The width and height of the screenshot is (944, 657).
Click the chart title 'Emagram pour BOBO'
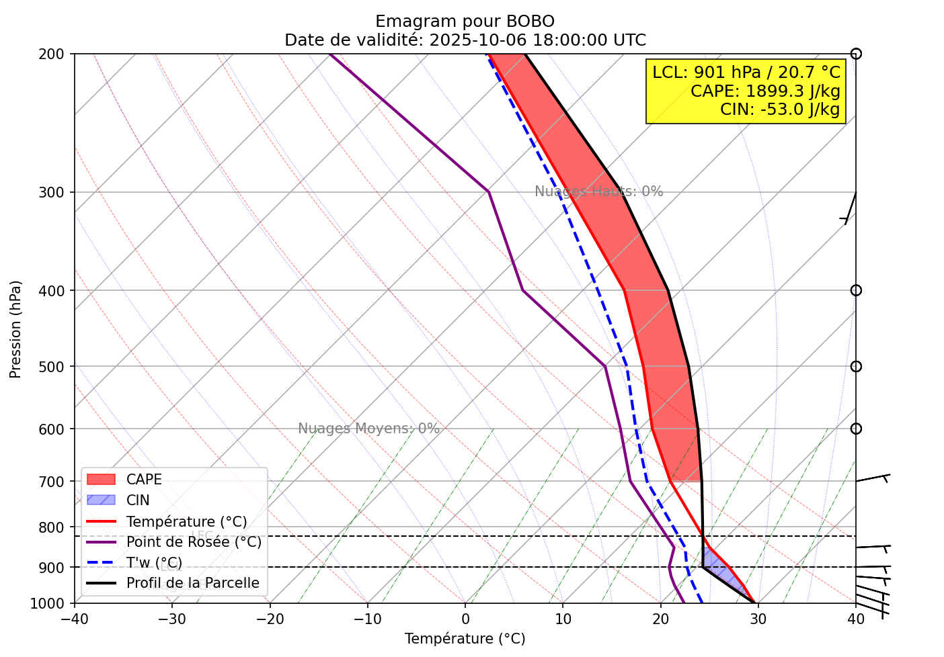point(465,21)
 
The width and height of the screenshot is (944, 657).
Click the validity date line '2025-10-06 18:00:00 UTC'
point(537,40)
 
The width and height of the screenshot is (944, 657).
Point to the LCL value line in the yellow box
point(746,73)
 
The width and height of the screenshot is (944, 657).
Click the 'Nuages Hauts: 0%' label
point(598,191)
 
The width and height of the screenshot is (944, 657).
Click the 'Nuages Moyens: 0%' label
point(368,429)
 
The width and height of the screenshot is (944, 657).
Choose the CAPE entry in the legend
point(144,480)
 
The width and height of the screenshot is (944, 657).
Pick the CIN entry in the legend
point(138,500)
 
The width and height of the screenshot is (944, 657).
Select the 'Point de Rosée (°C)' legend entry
point(194,542)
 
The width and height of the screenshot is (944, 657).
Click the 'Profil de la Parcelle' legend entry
point(192,583)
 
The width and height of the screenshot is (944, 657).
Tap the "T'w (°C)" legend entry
point(154,563)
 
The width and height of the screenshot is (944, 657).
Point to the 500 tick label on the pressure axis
point(57,367)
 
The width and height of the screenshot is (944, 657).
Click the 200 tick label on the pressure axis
point(57,54)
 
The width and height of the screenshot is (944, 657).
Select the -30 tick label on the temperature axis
point(171,619)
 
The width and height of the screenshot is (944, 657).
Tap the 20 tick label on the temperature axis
point(660,619)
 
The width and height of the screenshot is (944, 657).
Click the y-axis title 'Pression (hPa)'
point(15,329)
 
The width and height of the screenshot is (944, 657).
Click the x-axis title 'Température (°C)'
point(465,639)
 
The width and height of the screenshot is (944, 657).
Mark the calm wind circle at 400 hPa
point(856,290)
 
